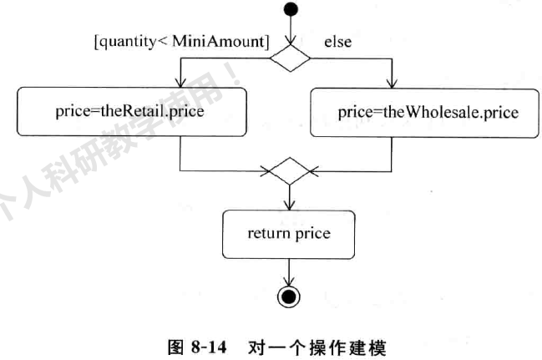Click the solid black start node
[x=288, y=11]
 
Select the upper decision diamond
[x=288, y=58]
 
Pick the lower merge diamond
[x=288, y=173]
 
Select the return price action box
[x=288, y=233]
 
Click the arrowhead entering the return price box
[x=288, y=205]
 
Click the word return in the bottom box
[x=266, y=233]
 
